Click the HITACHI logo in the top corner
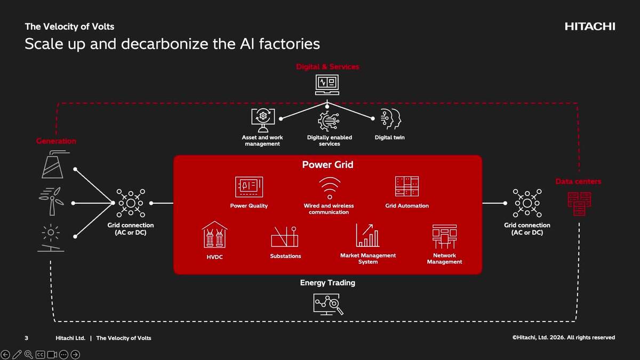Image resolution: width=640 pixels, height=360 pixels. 589,27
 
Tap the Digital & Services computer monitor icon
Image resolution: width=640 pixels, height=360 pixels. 327,84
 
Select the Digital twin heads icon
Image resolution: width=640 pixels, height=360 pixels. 389,119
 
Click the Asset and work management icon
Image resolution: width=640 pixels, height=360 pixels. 262,119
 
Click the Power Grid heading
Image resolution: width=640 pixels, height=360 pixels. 327,165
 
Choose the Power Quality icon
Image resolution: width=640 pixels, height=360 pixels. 249,187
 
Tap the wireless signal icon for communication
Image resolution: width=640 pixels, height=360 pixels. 329,188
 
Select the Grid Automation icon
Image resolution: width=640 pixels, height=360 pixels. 406,186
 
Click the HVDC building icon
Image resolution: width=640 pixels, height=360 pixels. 214,235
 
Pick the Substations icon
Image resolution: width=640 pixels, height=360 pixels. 284,237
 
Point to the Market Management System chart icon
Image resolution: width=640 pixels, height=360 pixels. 367,236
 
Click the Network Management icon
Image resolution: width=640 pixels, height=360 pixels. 444,237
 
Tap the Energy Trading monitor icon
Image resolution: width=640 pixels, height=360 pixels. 327,304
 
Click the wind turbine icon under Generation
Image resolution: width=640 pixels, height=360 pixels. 52,201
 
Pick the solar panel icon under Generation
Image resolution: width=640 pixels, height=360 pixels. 51,238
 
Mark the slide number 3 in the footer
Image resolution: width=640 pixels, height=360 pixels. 26,338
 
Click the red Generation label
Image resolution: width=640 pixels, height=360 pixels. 56,141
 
